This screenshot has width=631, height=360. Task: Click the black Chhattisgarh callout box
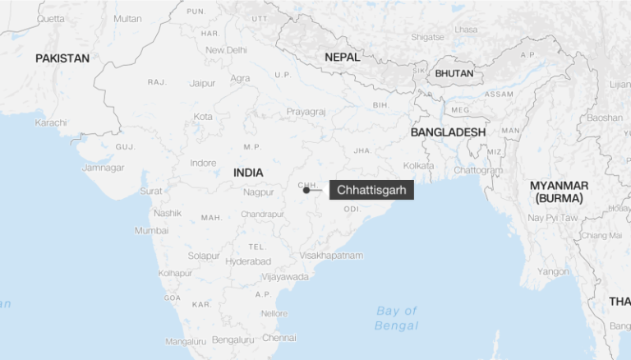pyautogui.click(x=371, y=190)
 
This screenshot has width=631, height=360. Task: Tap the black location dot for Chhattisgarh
pyautogui.click(x=306, y=190)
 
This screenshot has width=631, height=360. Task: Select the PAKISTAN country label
pyautogui.click(x=62, y=58)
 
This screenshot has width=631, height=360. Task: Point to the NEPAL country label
pyautogui.click(x=342, y=57)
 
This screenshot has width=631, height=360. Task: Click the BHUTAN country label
pyautogui.click(x=454, y=73)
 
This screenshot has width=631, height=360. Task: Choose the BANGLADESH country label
pyautogui.click(x=448, y=132)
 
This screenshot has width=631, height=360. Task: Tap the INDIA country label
pyautogui.click(x=248, y=173)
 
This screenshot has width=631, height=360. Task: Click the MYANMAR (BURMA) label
pyautogui.click(x=559, y=192)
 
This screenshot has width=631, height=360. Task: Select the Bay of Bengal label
pyautogui.click(x=397, y=318)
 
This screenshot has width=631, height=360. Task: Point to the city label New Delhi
pyautogui.click(x=226, y=50)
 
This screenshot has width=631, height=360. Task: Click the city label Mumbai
pyautogui.click(x=151, y=230)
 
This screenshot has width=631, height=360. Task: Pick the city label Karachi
pyautogui.click(x=51, y=122)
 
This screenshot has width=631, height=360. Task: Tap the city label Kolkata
pyautogui.click(x=418, y=165)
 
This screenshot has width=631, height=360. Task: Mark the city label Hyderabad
pyautogui.click(x=248, y=261)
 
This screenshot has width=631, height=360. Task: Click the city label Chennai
pyautogui.click(x=279, y=337)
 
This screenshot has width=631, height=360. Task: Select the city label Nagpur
pyautogui.click(x=258, y=192)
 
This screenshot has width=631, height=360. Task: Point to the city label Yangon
pyautogui.click(x=552, y=271)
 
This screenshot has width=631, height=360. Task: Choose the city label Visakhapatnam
pyautogui.click(x=331, y=256)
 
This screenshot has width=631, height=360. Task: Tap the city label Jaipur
pyautogui.click(x=202, y=83)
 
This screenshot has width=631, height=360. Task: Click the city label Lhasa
pyautogui.click(x=465, y=30)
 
